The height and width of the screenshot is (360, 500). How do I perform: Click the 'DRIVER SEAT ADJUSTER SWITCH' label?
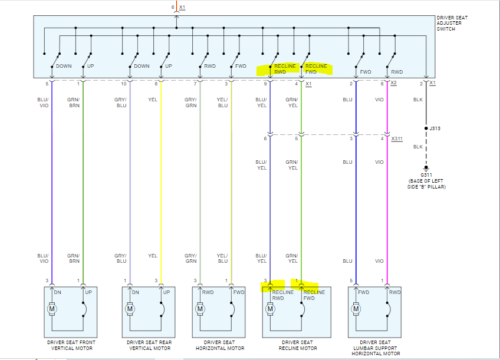coord(452,24)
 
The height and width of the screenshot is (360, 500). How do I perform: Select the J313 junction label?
coord(435,128)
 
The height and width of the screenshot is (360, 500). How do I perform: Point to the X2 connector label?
coord(393,84)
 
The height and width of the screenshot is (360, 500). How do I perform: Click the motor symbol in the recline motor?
coord(271,309)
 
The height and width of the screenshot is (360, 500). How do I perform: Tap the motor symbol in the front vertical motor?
coord(51,309)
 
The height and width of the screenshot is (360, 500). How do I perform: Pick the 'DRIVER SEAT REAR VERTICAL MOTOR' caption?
coord(149,345)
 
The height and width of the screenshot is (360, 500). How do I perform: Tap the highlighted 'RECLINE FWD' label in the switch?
coord(316,69)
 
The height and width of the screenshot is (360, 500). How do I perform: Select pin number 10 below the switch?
coord(124,84)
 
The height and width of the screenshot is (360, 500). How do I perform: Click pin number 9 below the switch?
coord(265,84)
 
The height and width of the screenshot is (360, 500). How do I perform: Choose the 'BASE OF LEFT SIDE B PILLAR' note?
coord(426,184)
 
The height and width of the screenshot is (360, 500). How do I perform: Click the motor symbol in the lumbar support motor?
coord(356,309)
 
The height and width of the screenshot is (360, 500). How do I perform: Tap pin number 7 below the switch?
coord(195,84)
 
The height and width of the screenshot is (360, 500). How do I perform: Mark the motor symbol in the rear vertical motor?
coord(129,309)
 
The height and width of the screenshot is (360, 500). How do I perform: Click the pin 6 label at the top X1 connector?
coord(173,7)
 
